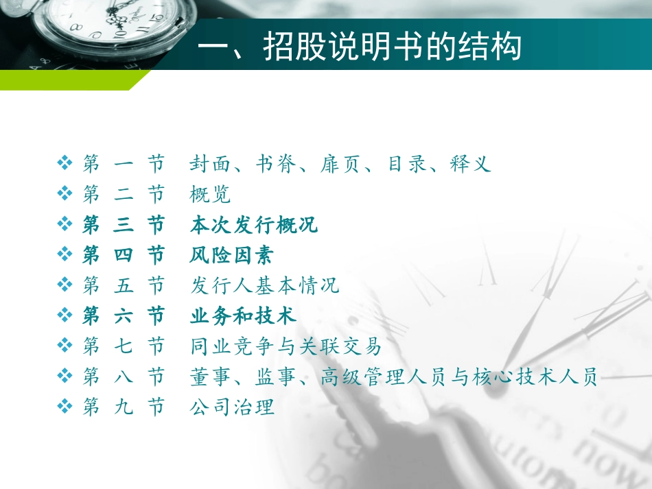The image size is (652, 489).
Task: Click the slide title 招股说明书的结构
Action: [359, 48]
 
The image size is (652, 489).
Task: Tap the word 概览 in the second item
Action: [210, 195]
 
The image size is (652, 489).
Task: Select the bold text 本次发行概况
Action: [254, 225]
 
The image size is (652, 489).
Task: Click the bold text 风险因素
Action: [231, 256]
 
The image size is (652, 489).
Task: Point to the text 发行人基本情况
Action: [264, 285]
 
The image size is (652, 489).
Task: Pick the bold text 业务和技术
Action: [243, 315]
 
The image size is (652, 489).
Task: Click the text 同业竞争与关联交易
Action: [286, 346]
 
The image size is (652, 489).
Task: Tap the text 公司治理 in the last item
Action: [232, 407]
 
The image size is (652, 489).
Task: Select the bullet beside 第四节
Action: [66, 256]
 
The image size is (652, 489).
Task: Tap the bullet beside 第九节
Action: [66, 407]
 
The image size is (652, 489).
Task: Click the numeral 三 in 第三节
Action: [124, 225]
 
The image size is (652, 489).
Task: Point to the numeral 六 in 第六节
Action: [124, 315]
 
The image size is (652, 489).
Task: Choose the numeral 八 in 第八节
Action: [124, 377]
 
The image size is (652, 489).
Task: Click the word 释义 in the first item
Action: [471, 164]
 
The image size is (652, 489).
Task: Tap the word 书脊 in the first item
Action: [276, 164]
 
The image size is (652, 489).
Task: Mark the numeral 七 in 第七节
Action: [124, 346]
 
